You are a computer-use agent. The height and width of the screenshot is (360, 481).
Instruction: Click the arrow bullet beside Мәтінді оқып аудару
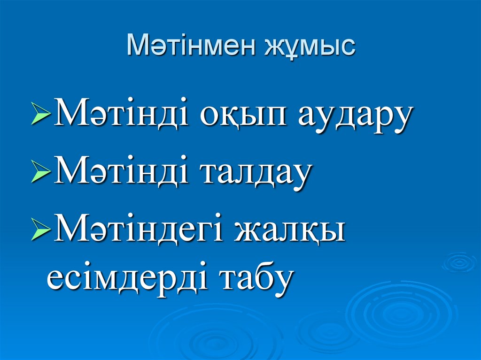[x=41, y=119]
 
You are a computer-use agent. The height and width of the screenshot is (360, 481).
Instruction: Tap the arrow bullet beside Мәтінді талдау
[x=41, y=175]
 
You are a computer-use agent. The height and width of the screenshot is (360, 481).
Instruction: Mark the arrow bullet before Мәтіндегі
[x=41, y=232]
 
